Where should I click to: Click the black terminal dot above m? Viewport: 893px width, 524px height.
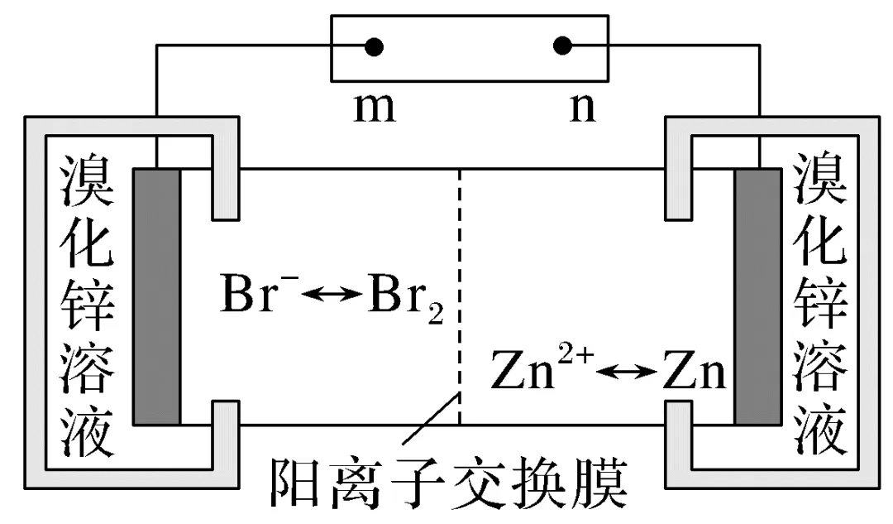point(374,46)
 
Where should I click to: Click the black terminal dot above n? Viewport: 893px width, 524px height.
point(562,46)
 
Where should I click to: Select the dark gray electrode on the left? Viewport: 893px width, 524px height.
point(156,296)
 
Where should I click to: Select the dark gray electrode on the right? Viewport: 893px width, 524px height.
point(757,296)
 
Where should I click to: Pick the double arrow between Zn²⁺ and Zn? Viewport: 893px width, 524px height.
point(627,374)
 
